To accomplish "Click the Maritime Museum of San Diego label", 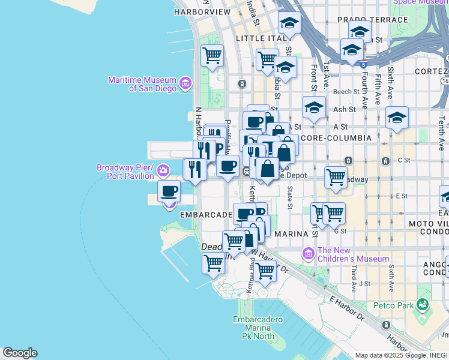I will [x=142, y=84].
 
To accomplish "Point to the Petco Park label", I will [x=397, y=305].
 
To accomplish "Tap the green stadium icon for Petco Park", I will [x=424, y=305].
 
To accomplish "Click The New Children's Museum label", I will [x=353, y=254].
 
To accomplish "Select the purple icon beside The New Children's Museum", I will [x=309, y=254].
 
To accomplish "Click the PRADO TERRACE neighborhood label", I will [x=364, y=20].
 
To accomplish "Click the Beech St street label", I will [x=346, y=92].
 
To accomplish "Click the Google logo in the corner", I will [x=19, y=353].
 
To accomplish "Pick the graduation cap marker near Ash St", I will [x=314, y=108].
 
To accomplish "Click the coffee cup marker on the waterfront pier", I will [x=169, y=191].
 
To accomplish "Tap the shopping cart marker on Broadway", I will [x=336, y=177].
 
